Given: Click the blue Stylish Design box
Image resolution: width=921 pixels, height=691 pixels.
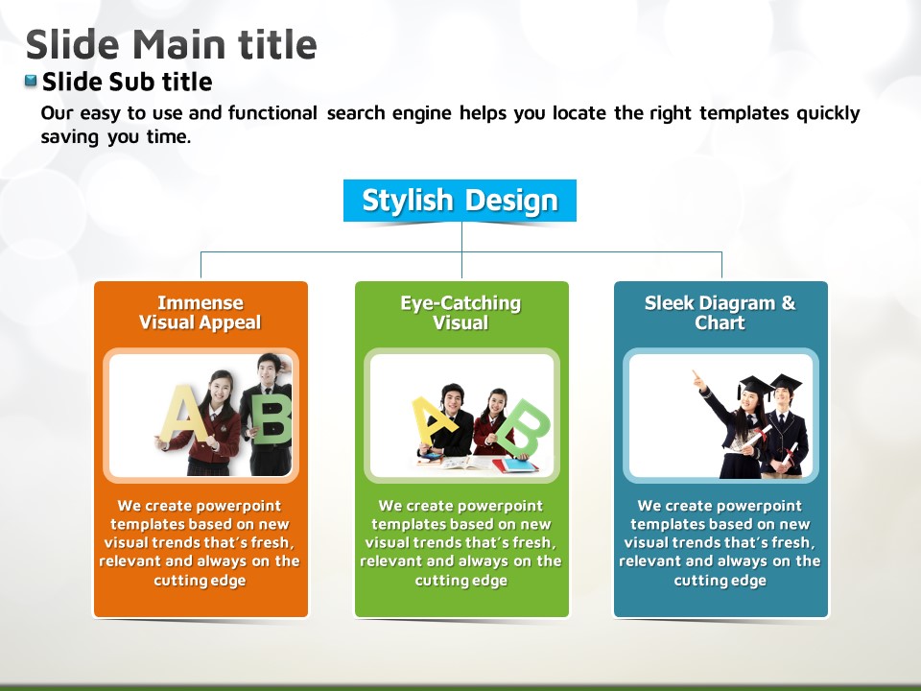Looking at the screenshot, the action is click(x=460, y=201).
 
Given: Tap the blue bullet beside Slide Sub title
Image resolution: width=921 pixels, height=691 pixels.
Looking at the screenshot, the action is click(x=31, y=81).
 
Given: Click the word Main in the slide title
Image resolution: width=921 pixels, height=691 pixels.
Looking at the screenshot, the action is click(x=179, y=45).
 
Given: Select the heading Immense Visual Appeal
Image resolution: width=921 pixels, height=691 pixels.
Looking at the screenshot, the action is click(x=201, y=313).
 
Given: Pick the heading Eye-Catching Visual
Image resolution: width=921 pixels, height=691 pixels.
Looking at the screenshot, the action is click(x=461, y=313).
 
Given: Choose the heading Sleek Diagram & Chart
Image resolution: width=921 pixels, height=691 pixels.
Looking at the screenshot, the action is click(x=720, y=313).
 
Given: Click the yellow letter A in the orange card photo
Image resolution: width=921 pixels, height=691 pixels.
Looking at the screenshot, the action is click(x=182, y=415).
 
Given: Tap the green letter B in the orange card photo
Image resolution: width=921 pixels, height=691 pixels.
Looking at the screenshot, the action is click(x=272, y=417).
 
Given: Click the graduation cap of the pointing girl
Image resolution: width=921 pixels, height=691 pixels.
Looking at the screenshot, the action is click(x=755, y=387).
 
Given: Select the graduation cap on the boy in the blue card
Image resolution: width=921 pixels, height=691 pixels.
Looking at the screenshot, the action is click(x=786, y=382).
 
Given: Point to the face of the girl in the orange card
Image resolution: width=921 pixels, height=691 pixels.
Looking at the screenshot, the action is click(x=218, y=389).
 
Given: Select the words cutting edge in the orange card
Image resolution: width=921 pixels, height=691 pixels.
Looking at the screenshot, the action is click(x=200, y=581).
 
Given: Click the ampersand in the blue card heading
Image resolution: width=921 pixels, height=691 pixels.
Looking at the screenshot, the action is click(x=789, y=303).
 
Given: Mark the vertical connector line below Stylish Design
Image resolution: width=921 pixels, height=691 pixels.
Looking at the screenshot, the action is click(x=461, y=250).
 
